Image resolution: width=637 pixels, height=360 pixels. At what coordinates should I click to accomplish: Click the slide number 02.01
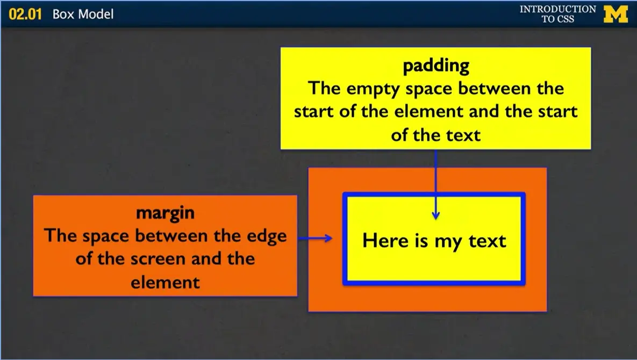click(25, 14)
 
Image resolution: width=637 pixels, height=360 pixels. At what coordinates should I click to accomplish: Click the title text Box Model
click(83, 14)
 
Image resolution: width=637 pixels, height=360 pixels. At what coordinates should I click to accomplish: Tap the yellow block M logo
click(615, 14)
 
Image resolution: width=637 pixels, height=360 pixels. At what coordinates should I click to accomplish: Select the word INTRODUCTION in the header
click(557, 9)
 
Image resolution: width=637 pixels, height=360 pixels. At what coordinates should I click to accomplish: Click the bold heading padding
click(436, 66)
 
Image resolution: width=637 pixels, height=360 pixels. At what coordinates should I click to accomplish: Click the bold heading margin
click(165, 213)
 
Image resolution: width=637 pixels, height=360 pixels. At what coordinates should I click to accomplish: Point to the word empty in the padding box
click(375, 88)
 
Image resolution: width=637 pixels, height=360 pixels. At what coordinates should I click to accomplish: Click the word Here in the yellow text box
click(385, 240)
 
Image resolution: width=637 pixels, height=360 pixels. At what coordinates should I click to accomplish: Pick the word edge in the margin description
click(264, 236)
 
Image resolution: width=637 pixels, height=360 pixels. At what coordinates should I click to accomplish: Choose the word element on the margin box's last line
click(165, 282)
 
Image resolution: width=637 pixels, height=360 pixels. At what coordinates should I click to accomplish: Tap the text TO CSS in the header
click(557, 19)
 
